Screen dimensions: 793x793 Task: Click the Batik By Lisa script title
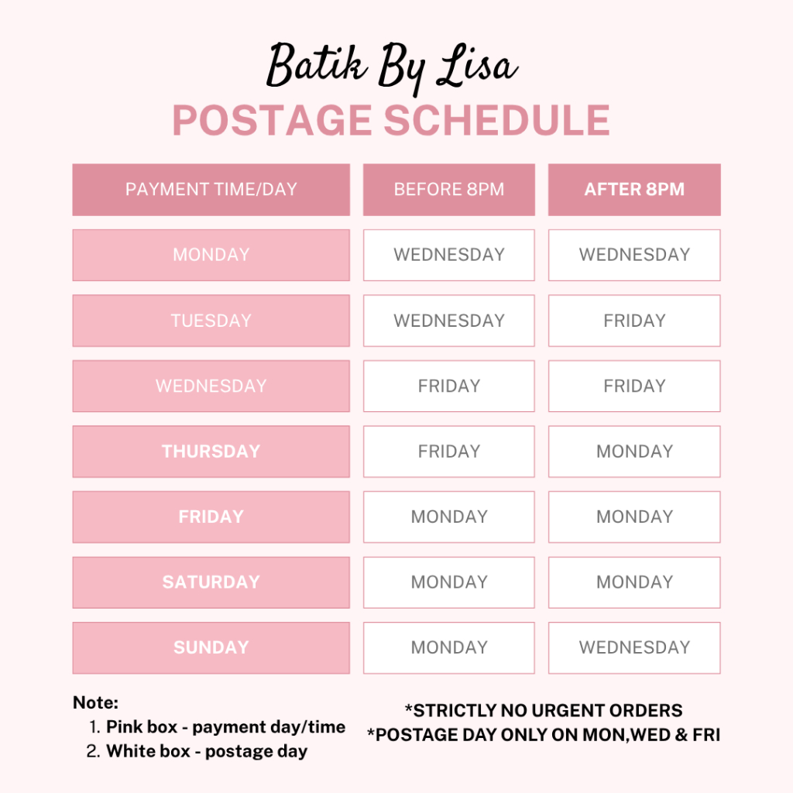[x=392, y=67]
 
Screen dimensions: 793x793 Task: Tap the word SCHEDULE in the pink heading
[x=496, y=120]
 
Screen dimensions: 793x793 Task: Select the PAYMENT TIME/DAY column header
[x=211, y=190]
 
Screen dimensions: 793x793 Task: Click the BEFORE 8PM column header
[x=448, y=190]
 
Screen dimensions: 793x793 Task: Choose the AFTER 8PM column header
[x=634, y=190]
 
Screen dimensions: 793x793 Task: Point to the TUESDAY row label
[x=211, y=321]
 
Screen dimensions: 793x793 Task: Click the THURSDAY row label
[x=211, y=451]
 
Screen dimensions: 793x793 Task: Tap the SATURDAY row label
[x=211, y=582]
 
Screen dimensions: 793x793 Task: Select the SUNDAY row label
[x=211, y=647]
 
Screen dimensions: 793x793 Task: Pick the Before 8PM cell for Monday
[x=448, y=255]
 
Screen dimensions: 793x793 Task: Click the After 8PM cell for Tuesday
[x=634, y=321]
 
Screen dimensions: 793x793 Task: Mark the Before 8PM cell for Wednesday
[x=448, y=386]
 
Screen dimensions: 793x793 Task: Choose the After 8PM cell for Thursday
[x=634, y=451]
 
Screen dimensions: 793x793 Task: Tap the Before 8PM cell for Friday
[x=448, y=517]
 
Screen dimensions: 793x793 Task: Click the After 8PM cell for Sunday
[x=634, y=647]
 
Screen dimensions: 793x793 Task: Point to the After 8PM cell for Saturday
[x=634, y=582]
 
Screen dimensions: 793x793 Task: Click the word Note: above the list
[x=95, y=702]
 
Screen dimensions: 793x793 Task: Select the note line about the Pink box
[x=217, y=727]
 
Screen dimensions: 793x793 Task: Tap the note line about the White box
[x=197, y=751]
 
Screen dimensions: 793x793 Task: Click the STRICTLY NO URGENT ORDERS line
[x=544, y=711]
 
